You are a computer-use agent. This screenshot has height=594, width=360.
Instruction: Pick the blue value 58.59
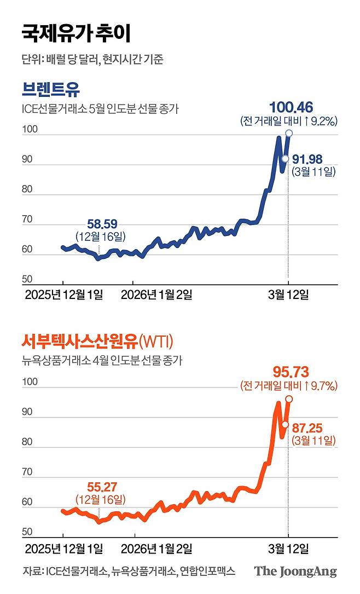102,224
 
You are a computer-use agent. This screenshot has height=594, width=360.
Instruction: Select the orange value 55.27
102,486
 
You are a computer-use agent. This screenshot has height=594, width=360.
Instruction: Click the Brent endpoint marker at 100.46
289,133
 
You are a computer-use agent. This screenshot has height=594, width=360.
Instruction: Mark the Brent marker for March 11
285,158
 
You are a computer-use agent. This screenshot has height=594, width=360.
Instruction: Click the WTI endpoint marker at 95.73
289,399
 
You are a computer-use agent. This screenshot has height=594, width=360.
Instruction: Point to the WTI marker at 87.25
285,424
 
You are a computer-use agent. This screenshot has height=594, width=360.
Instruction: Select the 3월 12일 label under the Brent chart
288,295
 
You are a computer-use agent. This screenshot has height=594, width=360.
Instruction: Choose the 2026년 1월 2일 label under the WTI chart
156,548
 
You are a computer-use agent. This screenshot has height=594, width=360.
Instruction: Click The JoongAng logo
295,572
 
